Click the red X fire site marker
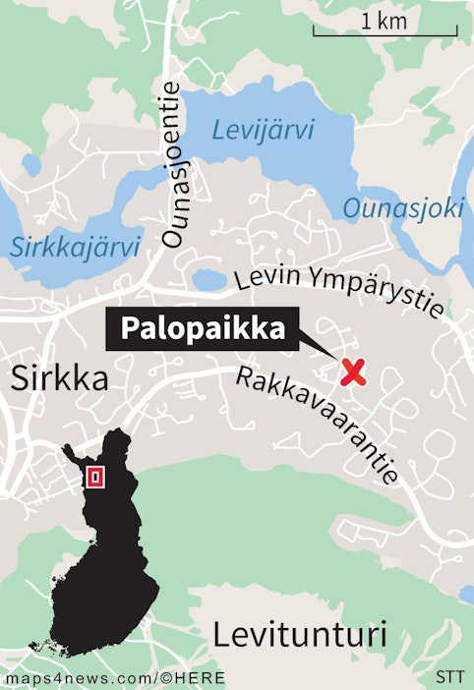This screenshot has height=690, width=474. coord(353,372)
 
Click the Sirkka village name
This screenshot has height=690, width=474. coord(59,378)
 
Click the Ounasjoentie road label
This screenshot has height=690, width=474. coord(173,165)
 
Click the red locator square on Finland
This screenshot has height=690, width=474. coord(95,478)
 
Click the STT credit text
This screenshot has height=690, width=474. coord(449,678)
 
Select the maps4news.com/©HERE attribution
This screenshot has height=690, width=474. coord(115,678)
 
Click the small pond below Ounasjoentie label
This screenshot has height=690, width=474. coord(209,280)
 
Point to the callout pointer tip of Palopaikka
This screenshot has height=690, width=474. coord(333,359)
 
